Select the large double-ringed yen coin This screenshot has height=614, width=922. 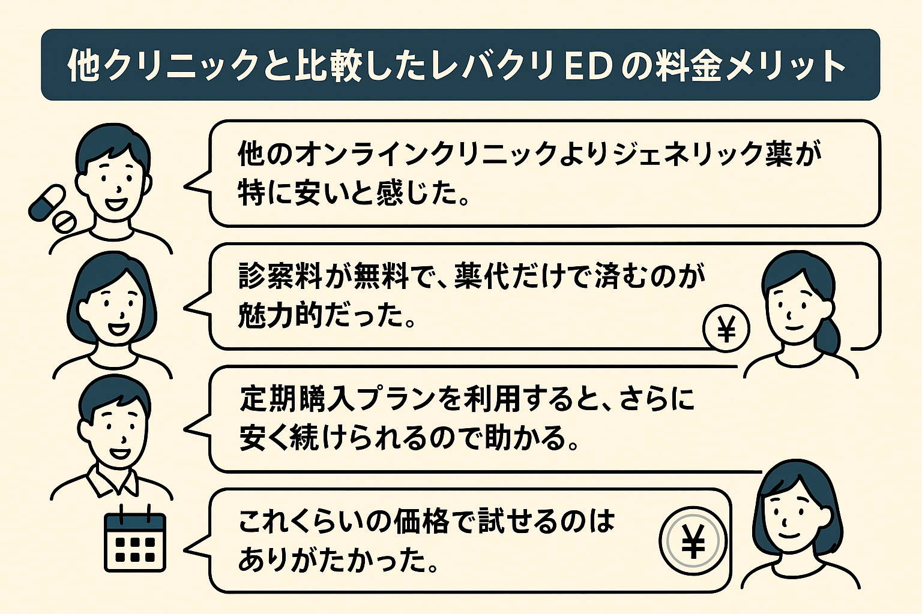click(x=693, y=541)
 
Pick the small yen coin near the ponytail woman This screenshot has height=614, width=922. click(x=726, y=329)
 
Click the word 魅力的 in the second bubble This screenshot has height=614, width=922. click(x=280, y=315)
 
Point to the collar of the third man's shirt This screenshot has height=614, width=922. click(x=112, y=480)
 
